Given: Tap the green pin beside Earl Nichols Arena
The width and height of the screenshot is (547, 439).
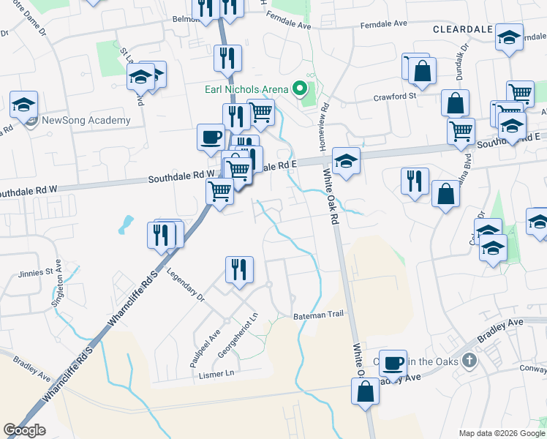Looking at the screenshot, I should click(299, 90).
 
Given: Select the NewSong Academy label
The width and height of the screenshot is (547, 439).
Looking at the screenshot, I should click(86, 120).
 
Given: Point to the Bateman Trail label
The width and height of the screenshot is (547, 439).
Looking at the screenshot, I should click(318, 315).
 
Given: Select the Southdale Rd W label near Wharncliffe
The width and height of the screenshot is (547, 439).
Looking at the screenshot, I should click(182, 178).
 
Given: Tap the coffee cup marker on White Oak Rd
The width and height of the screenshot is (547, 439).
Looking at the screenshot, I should click(393, 362).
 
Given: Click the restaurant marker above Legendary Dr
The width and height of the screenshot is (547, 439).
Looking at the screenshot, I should click(238, 270).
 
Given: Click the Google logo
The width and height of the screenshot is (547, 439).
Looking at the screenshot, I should click(24, 430).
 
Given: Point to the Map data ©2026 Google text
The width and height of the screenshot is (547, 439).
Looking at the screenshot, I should click(502, 433).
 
